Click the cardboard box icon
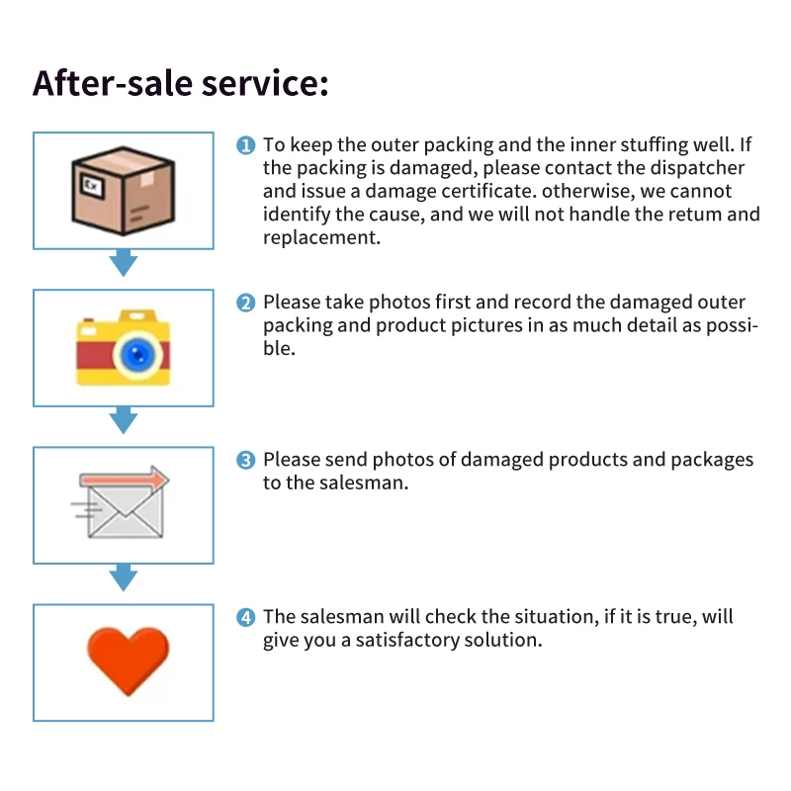(124, 191)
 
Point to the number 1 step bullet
(246, 145)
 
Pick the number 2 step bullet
(246, 303)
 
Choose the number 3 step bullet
(246, 460)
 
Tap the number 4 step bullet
(246, 617)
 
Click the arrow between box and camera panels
(123, 263)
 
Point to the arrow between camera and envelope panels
(123, 420)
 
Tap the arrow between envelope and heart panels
(123, 577)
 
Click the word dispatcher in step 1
(695, 168)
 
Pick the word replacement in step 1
(321, 237)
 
